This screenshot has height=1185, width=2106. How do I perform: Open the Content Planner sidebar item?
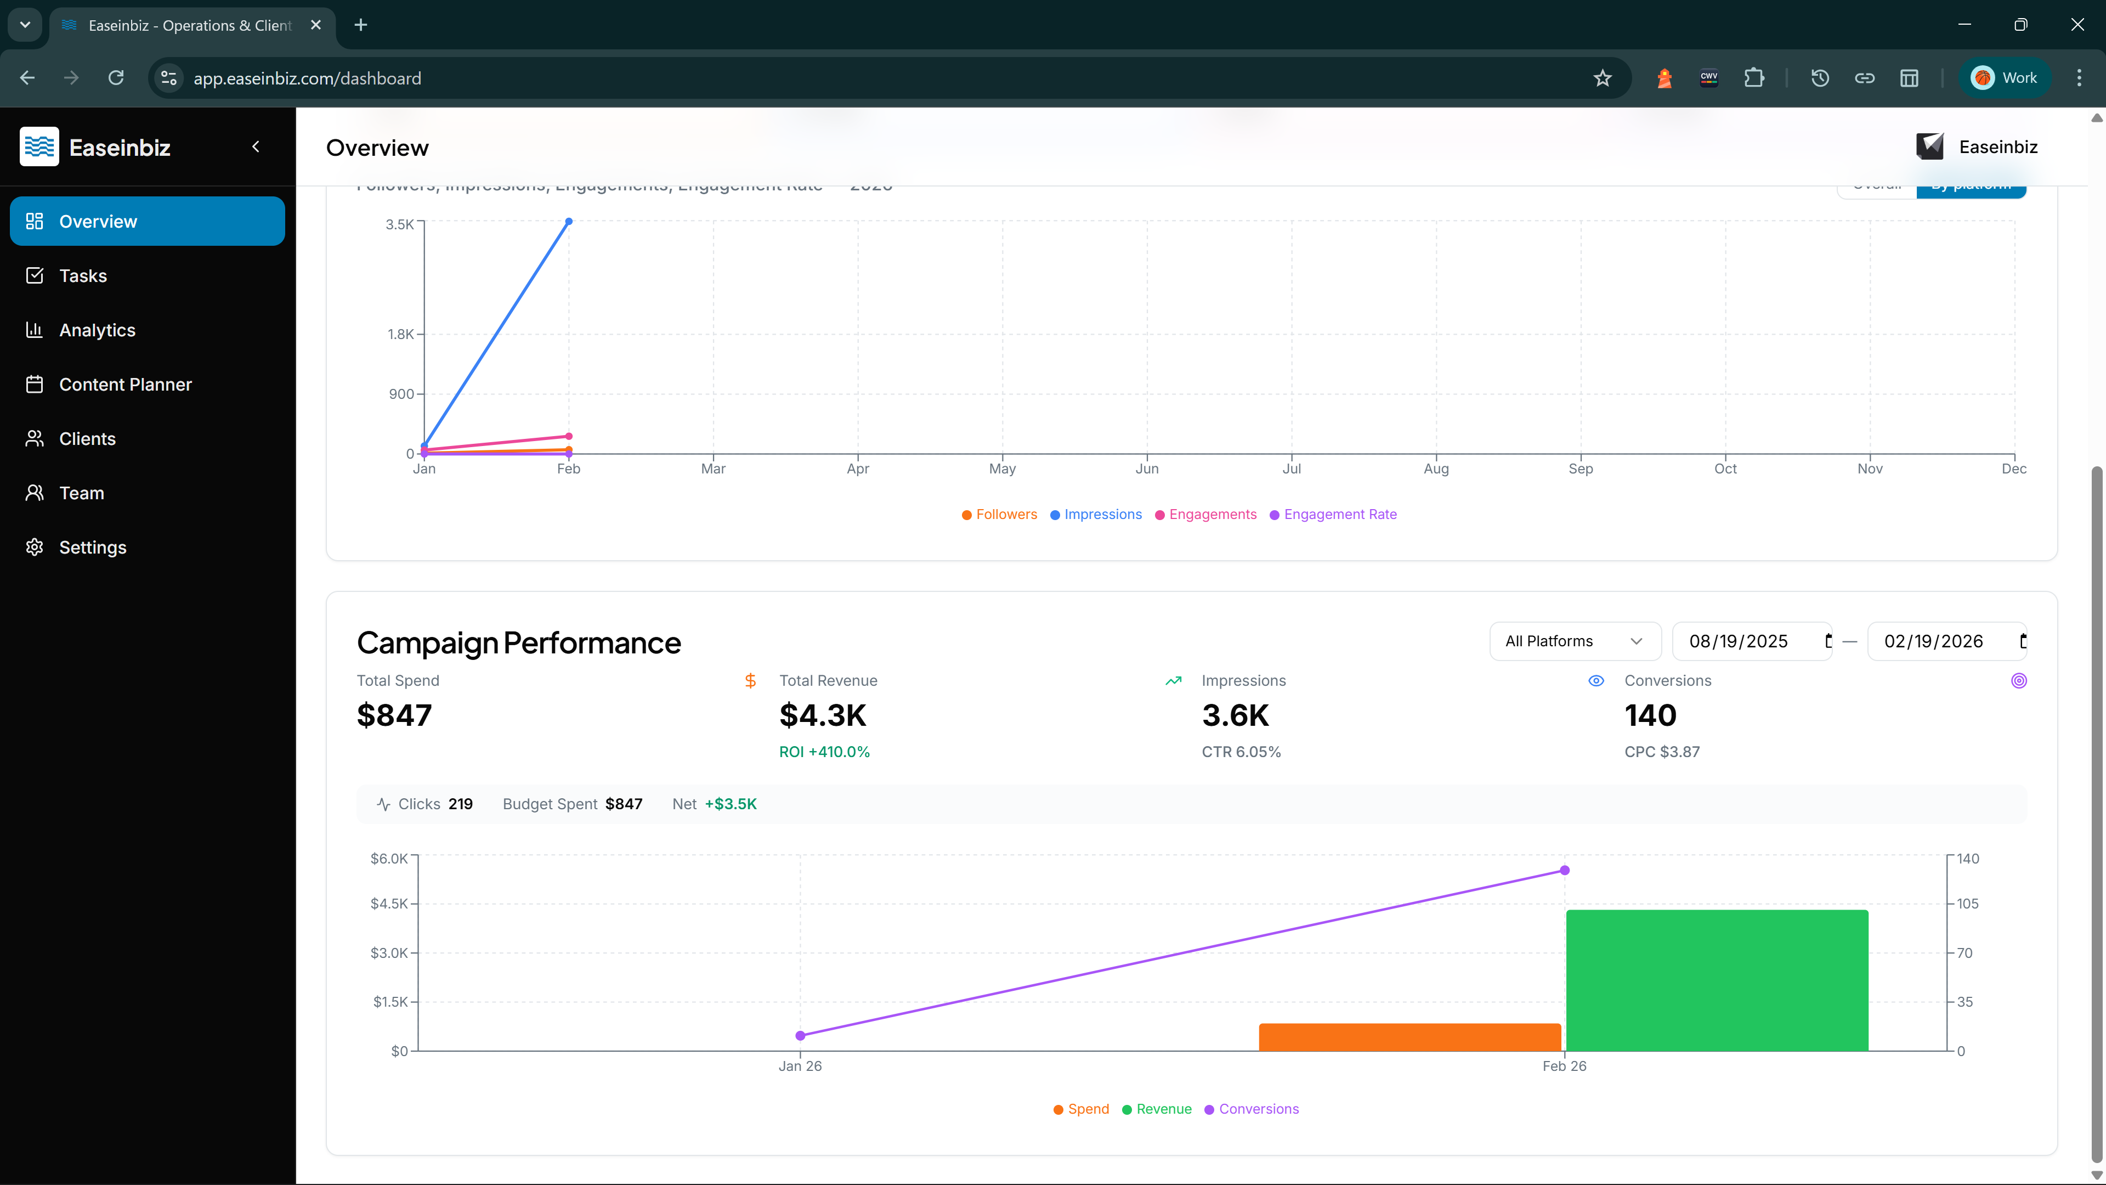click(x=125, y=385)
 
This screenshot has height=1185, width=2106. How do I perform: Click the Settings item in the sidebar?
click(x=92, y=547)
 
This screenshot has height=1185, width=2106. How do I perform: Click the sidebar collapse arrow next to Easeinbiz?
click(x=256, y=146)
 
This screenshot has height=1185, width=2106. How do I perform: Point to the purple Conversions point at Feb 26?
click(x=1564, y=870)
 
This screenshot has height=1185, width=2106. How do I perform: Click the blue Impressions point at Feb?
click(x=569, y=222)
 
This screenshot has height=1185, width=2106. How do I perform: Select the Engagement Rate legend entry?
click(x=1339, y=515)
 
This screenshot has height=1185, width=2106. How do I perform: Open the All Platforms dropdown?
click(x=1574, y=641)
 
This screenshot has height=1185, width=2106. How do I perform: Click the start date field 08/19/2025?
click(x=1739, y=641)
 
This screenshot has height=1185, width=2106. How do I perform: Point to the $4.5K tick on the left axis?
click(x=389, y=904)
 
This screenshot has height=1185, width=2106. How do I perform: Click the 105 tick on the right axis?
click(x=1967, y=904)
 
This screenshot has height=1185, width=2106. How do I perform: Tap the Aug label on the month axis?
click(x=1436, y=469)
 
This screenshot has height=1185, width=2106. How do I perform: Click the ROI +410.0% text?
click(x=824, y=752)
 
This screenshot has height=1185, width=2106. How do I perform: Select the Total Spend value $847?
click(x=394, y=715)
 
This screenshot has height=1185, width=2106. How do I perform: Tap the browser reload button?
click(x=116, y=78)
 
